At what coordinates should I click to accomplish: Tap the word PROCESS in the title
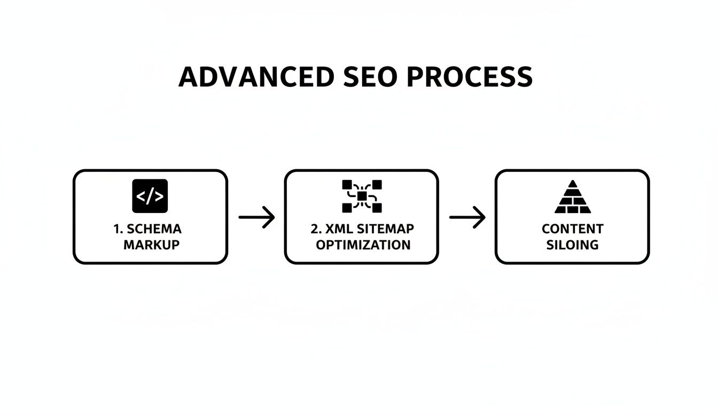(x=470, y=77)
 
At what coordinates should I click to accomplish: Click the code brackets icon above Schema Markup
(x=150, y=196)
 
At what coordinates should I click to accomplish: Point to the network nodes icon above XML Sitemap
(x=362, y=196)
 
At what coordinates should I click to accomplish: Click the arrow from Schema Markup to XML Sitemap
(x=256, y=217)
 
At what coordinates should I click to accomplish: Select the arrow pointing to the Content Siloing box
(x=467, y=217)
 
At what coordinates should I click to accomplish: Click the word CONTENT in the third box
(x=572, y=229)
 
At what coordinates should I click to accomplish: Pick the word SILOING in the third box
(x=572, y=245)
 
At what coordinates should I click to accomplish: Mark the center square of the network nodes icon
(x=362, y=196)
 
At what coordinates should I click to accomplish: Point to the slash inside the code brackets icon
(x=150, y=196)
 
